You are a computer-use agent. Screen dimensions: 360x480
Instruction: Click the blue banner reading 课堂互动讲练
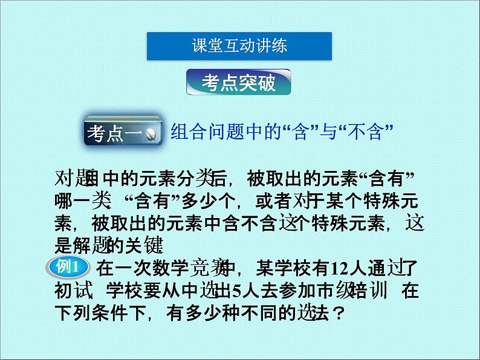pyautogui.click(x=239, y=45)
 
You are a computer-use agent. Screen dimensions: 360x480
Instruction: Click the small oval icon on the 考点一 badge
pyautogui.click(x=153, y=133)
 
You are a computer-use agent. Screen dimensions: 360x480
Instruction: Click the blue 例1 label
pyautogui.click(x=69, y=267)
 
